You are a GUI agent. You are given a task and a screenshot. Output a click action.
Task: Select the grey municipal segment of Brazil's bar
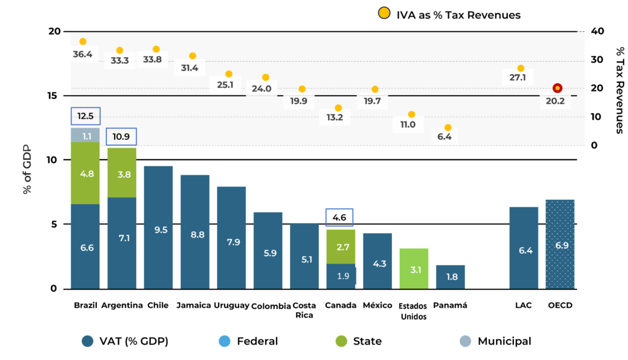85,135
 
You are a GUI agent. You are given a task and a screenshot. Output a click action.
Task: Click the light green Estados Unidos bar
413,268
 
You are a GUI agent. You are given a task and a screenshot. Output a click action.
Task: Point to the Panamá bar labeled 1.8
450,277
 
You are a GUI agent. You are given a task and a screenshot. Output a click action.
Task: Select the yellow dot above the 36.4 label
83,42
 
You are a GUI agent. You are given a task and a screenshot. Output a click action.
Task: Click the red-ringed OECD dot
557,88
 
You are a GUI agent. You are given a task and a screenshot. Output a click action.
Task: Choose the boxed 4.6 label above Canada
340,216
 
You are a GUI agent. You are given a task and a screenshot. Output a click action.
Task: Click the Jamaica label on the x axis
194,305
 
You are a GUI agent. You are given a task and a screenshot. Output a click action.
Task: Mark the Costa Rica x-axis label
304,310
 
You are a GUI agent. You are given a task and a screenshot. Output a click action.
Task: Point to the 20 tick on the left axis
55,31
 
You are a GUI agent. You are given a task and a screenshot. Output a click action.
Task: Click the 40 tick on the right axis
597,31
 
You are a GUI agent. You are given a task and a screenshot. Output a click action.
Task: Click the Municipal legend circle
465,341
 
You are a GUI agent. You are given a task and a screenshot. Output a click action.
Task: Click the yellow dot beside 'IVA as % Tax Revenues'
385,14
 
